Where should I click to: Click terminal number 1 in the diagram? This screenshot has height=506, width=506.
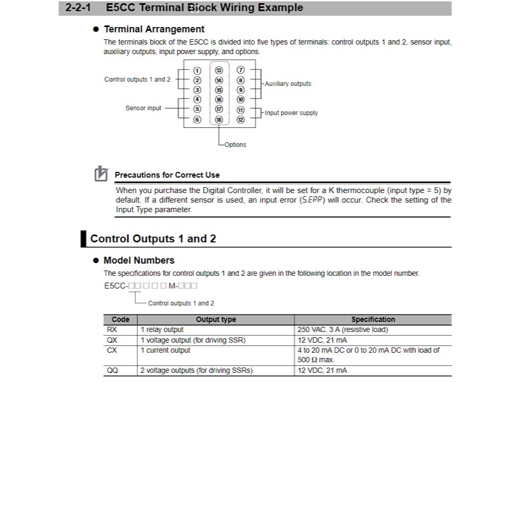197,71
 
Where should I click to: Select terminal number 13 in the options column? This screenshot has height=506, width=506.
219,71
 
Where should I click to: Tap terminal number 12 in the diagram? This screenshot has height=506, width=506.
240,120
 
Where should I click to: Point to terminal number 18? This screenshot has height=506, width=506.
219,120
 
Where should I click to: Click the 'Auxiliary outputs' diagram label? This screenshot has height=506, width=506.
288,84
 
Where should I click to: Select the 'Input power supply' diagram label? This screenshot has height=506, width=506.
291,113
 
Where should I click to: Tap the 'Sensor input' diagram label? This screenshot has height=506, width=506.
143,108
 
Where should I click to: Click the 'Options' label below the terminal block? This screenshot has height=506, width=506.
235,145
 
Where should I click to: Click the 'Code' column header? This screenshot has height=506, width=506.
120,320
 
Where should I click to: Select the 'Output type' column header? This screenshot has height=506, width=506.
216,320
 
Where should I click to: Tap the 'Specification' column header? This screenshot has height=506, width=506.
373,320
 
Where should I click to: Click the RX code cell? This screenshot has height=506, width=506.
112,330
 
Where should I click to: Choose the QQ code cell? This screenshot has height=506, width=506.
112,371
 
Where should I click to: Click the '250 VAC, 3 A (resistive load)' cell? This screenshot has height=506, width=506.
343,330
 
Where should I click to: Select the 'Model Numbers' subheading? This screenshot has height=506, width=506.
139,260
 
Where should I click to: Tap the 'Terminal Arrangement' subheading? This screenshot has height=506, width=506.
154,29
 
